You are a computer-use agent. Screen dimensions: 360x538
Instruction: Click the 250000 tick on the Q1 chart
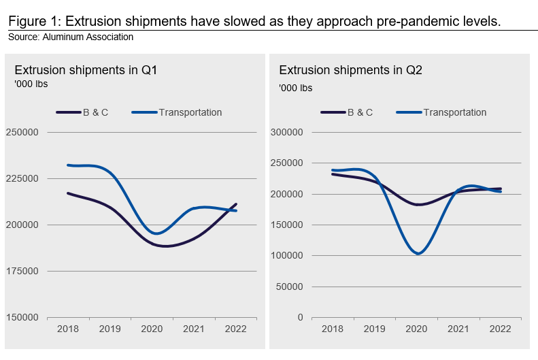tap(22, 132)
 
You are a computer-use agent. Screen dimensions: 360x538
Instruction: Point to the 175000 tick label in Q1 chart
tap(22, 271)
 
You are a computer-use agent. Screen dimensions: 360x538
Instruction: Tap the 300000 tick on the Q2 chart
tap(287, 132)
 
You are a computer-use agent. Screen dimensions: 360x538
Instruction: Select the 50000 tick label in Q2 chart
tap(290, 287)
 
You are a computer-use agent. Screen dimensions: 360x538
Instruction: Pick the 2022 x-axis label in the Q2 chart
tap(500, 329)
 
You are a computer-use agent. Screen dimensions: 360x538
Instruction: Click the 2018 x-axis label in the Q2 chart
tap(332, 329)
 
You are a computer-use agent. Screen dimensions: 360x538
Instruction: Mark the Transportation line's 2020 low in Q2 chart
tap(417, 253)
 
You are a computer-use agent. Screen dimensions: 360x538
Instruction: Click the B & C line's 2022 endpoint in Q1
tap(236, 204)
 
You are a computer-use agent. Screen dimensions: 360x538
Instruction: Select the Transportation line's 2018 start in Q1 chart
tap(67, 165)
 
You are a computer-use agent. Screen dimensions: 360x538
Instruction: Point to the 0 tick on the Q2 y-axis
tap(300, 317)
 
